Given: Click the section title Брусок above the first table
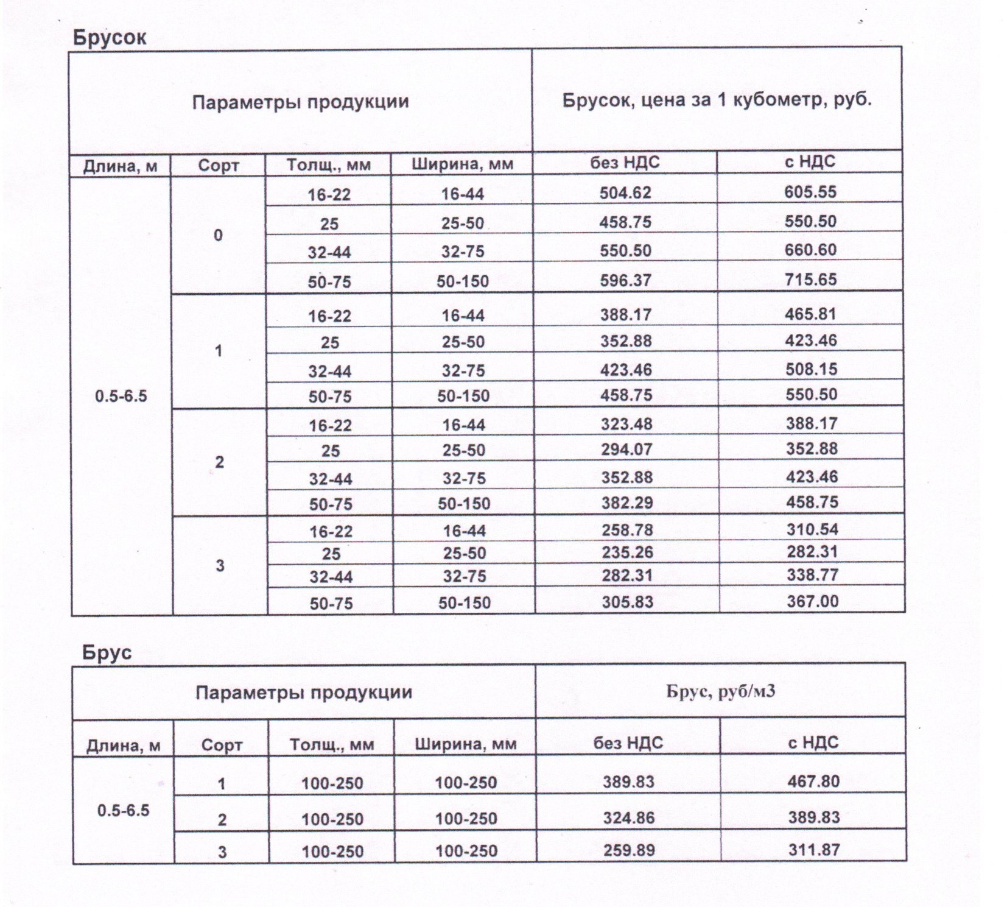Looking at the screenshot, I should click(x=110, y=38).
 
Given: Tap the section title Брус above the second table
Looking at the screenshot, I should click(x=107, y=653).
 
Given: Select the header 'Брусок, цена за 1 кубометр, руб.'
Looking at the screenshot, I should click(x=717, y=100).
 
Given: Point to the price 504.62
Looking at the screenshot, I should click(x=625, y=193).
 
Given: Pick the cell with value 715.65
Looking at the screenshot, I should click(x=810, y=280).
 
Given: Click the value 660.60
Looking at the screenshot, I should click(x=810, y=250).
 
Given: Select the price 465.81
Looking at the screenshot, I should click(x=811, y=314).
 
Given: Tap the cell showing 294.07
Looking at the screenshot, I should click(x=626, y=450).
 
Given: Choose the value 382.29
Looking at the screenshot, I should click(x=627, y=503).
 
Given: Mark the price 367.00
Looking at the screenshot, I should click(x=812, y=601).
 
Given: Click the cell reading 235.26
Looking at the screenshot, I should click(x=627, y=552).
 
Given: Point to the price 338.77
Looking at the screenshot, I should click(x=812, y=575).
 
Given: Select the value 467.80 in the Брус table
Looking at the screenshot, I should click(x=813, y=781).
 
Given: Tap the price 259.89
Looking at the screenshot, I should click(x=628, y=850).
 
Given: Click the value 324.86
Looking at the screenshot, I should click(x=628, y=817).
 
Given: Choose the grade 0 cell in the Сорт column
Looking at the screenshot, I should click(x=218, y=235).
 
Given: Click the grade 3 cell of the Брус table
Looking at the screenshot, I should click(x=222, y=852).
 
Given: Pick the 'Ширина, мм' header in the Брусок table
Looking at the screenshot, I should click(x=462, y=164).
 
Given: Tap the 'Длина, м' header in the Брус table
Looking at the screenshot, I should click(x=123, y=745).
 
